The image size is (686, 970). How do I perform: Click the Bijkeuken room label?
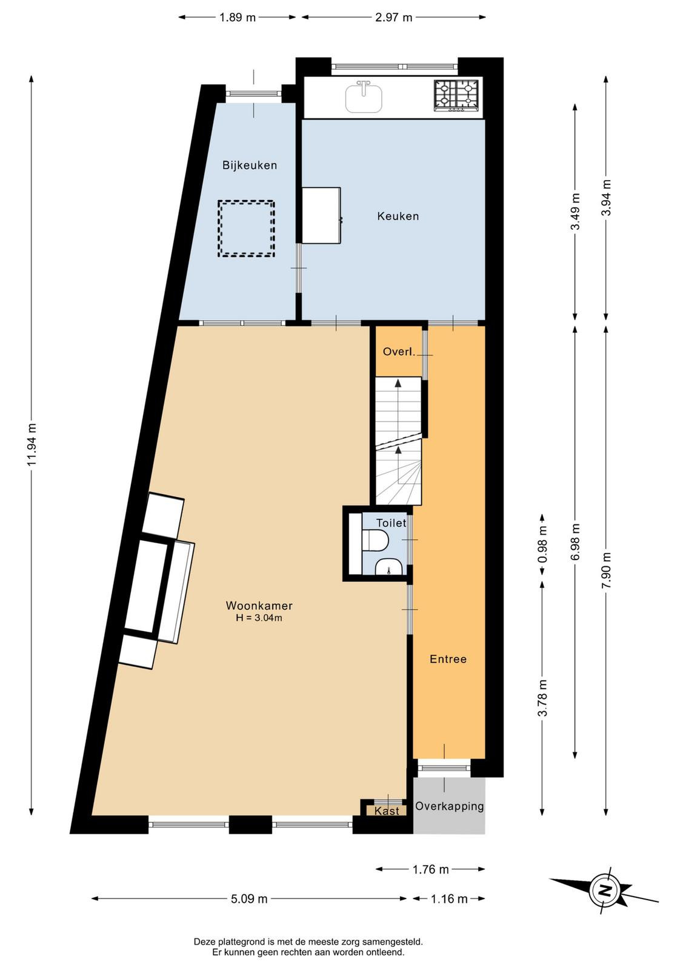click(250, 166)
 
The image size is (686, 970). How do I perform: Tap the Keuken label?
click(398, 216)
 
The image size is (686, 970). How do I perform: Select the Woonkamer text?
click(259, 606)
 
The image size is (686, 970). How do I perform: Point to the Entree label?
click(448, 659)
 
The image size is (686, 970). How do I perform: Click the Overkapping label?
click(449, 806)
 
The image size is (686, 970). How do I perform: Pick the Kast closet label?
click(387, 811)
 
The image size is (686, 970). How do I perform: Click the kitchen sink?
click(364, 97)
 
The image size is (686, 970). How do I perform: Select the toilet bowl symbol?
click(375, 541)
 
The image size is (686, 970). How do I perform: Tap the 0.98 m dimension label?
click(542, 544)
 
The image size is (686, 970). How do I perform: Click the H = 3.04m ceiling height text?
click(259, 618)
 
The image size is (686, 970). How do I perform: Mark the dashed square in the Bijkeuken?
click(246, 229)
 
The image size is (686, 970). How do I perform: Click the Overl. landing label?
click(399, 352)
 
